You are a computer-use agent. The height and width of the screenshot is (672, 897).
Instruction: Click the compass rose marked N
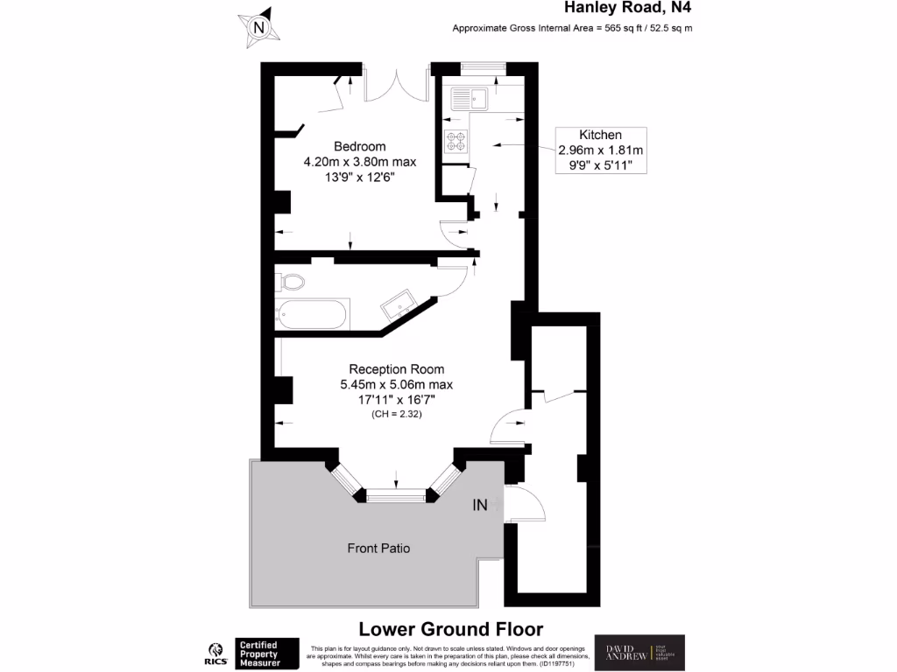[x=258, y=27]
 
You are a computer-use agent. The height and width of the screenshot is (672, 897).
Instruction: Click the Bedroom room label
[x=359, y=146]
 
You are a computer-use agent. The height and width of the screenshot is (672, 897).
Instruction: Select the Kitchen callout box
[x=600, y=149]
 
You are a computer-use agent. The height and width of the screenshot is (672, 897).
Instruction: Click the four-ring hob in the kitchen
[x=456, y=141]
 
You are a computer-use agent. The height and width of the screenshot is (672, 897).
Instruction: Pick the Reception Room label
[x=396, y=368]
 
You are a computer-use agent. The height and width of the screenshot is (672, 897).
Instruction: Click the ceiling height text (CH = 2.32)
[x=396, y=415]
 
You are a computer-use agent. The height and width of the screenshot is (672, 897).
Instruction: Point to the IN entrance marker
[x=480, y=505]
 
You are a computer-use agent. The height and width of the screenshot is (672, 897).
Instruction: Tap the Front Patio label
[x=379, y=549]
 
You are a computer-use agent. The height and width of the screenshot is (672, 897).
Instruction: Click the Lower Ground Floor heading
[x=451, y=629]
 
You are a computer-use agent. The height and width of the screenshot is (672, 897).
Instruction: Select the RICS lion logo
[x=214, y=652]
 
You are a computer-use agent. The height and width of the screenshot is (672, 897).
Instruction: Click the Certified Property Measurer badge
[x=267, y=654]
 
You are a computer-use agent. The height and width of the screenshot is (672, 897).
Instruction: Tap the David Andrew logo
[x=639, y=653]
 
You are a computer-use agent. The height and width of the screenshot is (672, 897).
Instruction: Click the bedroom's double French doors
[x=397, y=86]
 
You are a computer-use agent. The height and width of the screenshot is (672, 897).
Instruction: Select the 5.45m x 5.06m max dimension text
[x=396, y=384]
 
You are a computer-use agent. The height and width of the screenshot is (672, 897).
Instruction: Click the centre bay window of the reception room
[x=396, y=496]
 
